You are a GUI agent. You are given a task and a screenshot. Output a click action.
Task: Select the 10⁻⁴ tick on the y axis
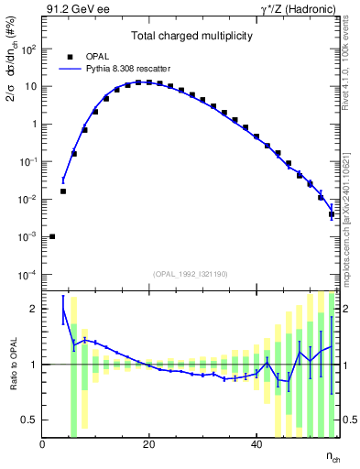[27, 275]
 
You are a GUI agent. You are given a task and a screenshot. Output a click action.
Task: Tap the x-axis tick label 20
[148, 445]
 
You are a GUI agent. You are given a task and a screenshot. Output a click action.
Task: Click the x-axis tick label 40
[255, 445]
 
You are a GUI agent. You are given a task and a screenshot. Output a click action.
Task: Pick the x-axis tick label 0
[42, 445]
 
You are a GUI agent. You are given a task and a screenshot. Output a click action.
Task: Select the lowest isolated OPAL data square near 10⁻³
[52, 236]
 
